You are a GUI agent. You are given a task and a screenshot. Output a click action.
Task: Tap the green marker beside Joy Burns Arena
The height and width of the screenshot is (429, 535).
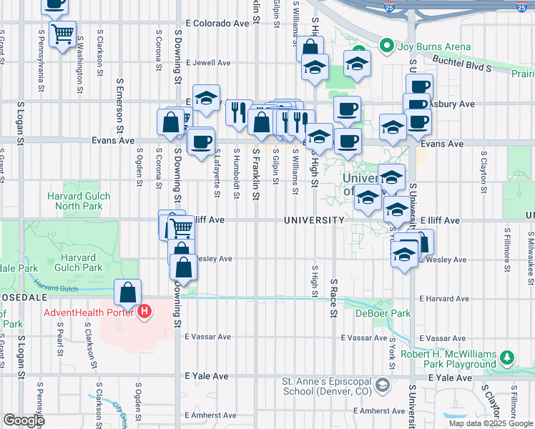pos(388,47)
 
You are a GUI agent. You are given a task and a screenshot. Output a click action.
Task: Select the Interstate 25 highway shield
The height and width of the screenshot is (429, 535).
pos(408,8)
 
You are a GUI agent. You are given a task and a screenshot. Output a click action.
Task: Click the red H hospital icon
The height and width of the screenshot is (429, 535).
pos(145,312)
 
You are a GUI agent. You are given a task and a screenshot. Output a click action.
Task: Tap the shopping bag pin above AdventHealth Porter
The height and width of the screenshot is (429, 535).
pos(127,293)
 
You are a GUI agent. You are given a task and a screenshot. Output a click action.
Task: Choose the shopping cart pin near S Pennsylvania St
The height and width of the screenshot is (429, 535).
pos(62,33)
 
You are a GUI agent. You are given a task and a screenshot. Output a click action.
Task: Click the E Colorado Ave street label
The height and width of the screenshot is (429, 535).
pos(217,23)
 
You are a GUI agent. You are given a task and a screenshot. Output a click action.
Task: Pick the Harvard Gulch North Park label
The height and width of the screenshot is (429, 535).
pos(75,201)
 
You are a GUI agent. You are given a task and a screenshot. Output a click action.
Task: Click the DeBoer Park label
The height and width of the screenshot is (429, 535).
pos(387,313)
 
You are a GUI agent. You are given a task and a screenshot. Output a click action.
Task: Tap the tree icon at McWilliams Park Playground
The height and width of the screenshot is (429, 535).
pos(507,355)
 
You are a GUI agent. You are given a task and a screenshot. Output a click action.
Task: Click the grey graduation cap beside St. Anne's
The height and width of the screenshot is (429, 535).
pos(383,386)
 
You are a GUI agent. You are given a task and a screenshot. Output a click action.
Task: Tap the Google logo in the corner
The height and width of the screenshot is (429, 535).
pos(24,420)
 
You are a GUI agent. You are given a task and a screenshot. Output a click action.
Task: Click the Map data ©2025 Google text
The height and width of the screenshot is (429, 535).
pos(490,423)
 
